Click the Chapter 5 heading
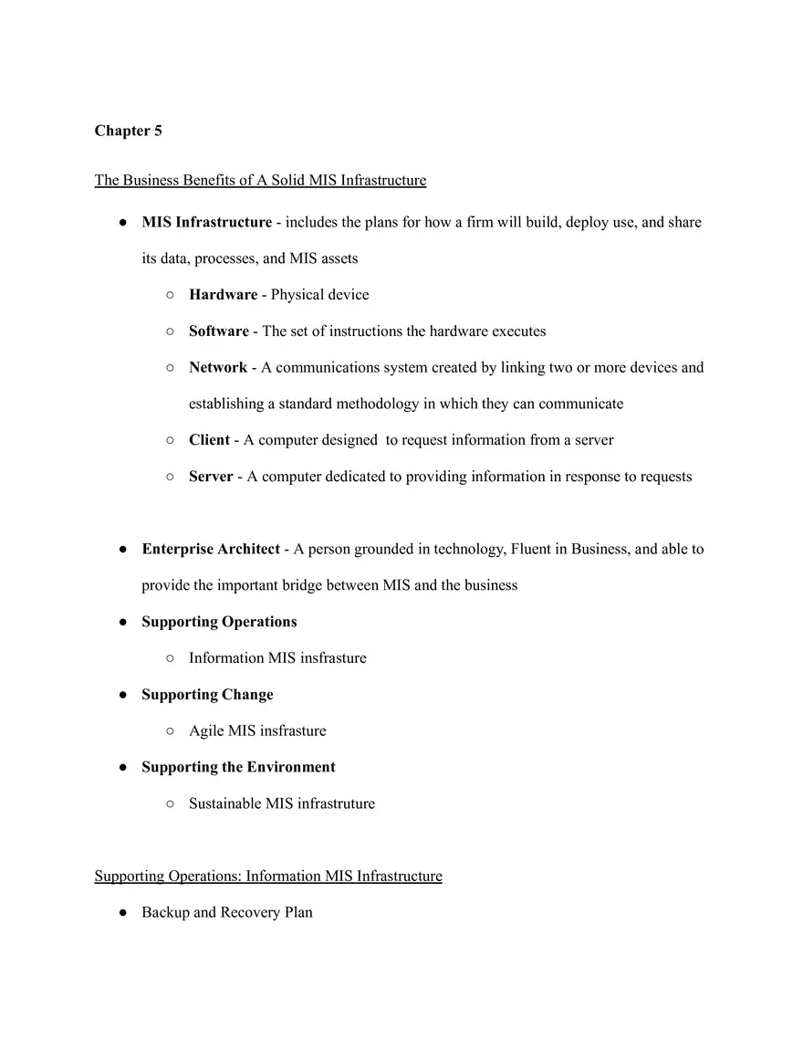(128, 131)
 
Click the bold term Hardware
(223, 295)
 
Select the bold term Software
(218, 331)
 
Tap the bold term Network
(217, 368)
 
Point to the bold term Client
(209, 440)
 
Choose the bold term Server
(211, 477)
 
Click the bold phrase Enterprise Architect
(211, 550)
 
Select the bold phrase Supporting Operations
(219, 622)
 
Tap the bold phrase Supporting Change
(207, 695)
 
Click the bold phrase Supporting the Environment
(238, 768)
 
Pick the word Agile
(206, 731)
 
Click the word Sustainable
(224, 804)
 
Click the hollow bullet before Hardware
(170, 295)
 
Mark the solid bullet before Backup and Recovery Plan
(122, 913)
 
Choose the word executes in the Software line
(518, 331)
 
